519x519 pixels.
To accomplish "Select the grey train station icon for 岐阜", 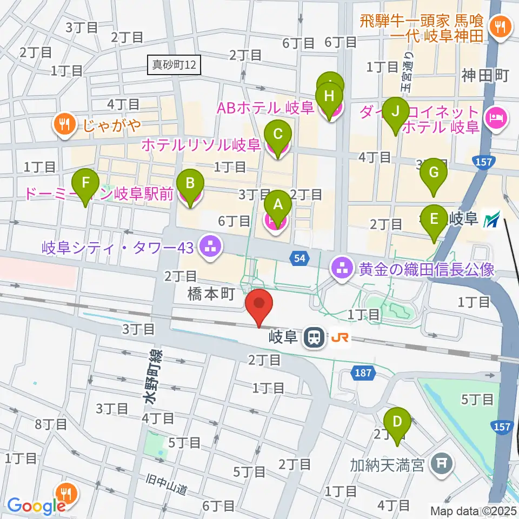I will tap(313, 338).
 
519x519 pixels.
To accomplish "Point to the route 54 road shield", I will tap(300, 259).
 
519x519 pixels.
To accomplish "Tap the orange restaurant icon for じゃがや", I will tap(64, 124).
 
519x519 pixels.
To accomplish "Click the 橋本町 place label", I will tap(210, 294).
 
